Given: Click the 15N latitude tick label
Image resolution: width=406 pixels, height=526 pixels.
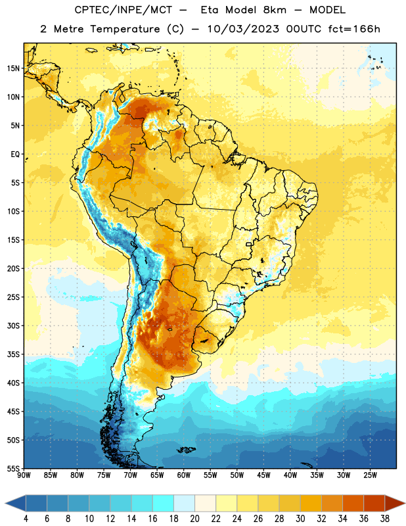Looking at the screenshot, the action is point(13,68).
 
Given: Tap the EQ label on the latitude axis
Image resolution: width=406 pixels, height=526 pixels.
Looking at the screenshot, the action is point(15,155).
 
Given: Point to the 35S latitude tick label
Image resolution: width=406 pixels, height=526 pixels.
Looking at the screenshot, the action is point(13,354).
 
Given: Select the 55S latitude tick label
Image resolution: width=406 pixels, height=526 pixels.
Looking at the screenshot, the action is point(13,468).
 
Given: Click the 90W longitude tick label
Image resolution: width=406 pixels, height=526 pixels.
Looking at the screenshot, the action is point(24,475).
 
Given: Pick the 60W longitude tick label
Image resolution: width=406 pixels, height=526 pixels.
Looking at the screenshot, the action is point(183,475).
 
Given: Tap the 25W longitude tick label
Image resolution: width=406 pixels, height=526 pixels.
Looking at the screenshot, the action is point(370,475).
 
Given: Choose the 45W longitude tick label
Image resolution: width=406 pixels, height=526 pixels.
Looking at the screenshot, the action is point(263,475).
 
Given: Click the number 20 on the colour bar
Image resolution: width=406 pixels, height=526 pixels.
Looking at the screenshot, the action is point(194,519).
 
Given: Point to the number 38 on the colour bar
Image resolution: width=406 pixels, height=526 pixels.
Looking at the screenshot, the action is point(384,519).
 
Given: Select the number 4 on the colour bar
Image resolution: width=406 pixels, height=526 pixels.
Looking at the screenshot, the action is point(26,519).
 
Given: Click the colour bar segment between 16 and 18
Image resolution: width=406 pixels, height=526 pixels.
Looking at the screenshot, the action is point(164,503).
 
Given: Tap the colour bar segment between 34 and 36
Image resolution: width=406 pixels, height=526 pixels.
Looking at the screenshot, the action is point(353,503).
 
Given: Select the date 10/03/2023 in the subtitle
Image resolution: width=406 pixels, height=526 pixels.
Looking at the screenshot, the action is point(243,29).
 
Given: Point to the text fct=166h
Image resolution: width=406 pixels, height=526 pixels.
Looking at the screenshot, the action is point(354,29).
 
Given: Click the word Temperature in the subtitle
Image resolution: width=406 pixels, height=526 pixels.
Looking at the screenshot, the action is point(125,29).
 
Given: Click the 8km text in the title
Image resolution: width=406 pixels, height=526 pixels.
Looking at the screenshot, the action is point(275,10).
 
